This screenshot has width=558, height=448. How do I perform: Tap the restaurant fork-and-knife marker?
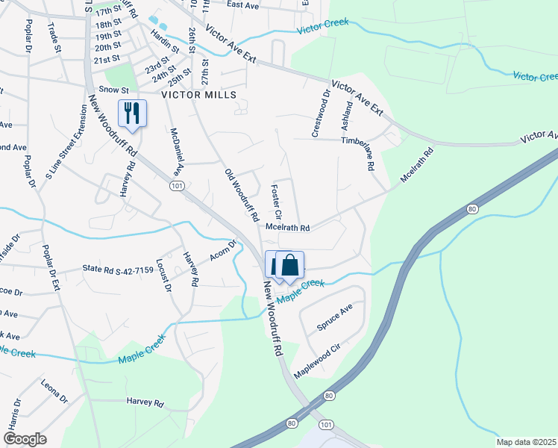click(x=133, y=113)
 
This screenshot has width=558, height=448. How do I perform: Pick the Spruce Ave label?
click(x=334, y=317)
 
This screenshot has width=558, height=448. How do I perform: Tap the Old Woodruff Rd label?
click(x=241, y=195)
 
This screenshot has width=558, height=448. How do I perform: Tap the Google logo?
click(x=25, y=439)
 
